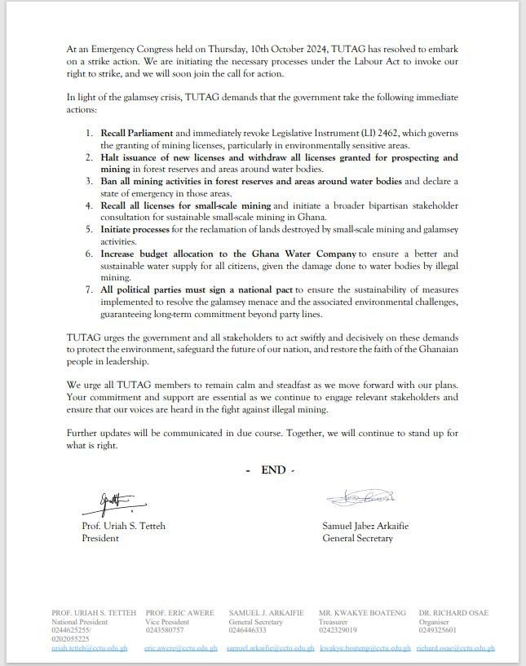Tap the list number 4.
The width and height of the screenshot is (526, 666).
pos(90,207)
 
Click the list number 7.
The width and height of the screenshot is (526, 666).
pos(90,289)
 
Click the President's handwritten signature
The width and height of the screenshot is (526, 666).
pos(113,500)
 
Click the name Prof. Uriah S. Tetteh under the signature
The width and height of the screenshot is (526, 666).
pos(123,526)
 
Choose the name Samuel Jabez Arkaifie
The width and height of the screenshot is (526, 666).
pos(365,526)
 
